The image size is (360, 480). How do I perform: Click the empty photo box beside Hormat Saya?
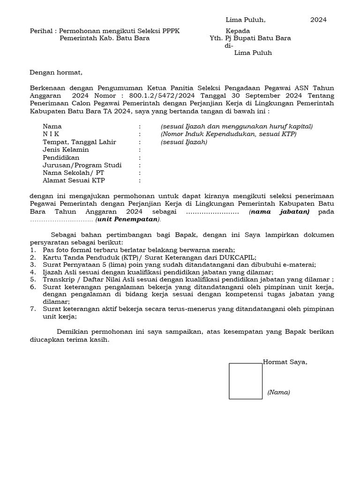pyautogui.click(x=245, y=381)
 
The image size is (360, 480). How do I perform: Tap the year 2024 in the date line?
pyautogui.click(x=318, y=20)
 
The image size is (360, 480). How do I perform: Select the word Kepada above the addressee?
pyautogui.click(x=238, y=31)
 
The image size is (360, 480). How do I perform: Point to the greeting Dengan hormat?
pyautogui.click(x=56, y=73)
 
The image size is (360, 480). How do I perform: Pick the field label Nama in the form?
pyautogui.click(x=52, y=127)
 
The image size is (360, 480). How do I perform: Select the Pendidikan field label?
pyautogui.click(x=61, y=157)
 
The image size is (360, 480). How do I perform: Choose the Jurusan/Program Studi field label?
pyautogui.click(x=82, y=165)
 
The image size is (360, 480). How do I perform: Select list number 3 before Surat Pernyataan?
pyautogui.click(x=32, y=264)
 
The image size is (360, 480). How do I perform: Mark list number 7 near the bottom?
pyautogui.click(x=32, y=309)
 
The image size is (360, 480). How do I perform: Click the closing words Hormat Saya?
pyautogui.click(x=285, y=362)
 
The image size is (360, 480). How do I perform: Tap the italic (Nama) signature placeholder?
pyautogui.click(x=278, y=392)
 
